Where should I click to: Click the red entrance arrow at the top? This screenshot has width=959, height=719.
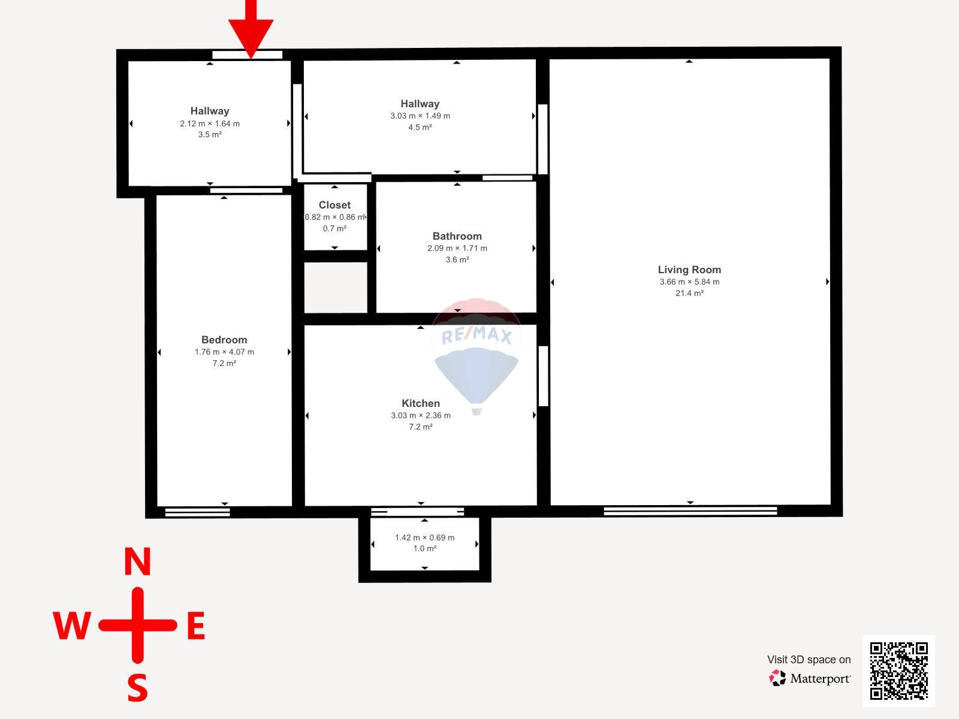coord(251,28)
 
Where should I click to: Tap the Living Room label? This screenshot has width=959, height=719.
coord(689,270)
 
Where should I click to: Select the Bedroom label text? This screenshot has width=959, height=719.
coord(224,340)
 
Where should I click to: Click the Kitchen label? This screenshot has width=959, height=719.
coord(421,403)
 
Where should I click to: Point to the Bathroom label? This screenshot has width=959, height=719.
coord(457,236)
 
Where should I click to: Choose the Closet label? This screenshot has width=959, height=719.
coord(334,205)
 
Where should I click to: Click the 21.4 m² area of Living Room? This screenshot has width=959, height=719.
coord(689,294)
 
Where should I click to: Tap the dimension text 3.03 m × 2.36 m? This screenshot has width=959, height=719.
coord(421,416)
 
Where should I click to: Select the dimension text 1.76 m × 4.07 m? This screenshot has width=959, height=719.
coord(224,352)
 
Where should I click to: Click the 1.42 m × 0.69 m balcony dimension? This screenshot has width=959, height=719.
coord(425,538)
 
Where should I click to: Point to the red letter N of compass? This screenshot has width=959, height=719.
coord(138,562)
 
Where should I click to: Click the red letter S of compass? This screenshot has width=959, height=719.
coord(138,688)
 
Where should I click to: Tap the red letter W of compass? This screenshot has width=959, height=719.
coord(72,626)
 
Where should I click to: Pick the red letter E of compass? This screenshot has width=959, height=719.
coord(196,626)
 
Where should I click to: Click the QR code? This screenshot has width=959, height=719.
coord(898,671)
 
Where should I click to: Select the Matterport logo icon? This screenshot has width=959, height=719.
coord(777,678)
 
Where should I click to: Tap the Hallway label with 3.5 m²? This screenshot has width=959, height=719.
coord(210,111)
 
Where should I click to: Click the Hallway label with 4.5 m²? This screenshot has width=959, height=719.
coord(420,104)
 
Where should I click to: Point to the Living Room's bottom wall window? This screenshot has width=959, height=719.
coord(690,510)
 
